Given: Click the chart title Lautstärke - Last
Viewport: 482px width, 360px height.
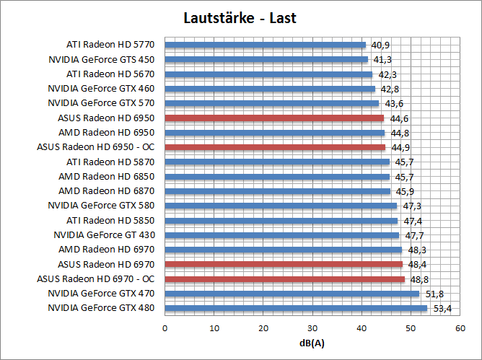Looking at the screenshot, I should (x=240, y=17).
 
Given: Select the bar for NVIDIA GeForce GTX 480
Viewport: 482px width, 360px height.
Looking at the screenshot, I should (x=296, y=308).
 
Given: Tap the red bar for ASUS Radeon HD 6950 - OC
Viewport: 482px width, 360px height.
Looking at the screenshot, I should (x=275, y=147).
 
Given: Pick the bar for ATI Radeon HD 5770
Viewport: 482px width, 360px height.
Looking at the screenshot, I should (x=266, y=45).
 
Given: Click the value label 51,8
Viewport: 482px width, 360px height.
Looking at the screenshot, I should (x=434, y=294).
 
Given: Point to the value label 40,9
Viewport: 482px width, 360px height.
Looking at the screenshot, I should (x=380, y=45).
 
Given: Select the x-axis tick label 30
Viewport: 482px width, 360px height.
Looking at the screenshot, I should (x=312, y=328).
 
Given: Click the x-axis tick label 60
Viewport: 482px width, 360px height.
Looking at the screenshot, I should (x=460, y=328).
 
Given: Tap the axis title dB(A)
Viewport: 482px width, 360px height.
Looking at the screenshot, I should (x=312, y=342).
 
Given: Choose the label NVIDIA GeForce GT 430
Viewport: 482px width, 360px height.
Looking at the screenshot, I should (x=104, y=235).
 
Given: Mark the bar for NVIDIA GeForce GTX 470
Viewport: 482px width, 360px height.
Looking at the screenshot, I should (x=292, y=294).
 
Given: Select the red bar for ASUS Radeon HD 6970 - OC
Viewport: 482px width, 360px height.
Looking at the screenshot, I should (x=285, y=278).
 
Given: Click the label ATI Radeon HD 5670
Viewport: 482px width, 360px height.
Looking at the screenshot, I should (x=110, y=74).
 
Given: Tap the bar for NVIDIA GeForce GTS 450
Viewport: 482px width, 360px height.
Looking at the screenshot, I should (x=266, y=59).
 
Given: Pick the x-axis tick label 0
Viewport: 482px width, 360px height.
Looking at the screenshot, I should (x=165, y=328).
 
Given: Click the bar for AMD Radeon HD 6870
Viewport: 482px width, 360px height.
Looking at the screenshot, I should (x=278, y=191).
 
